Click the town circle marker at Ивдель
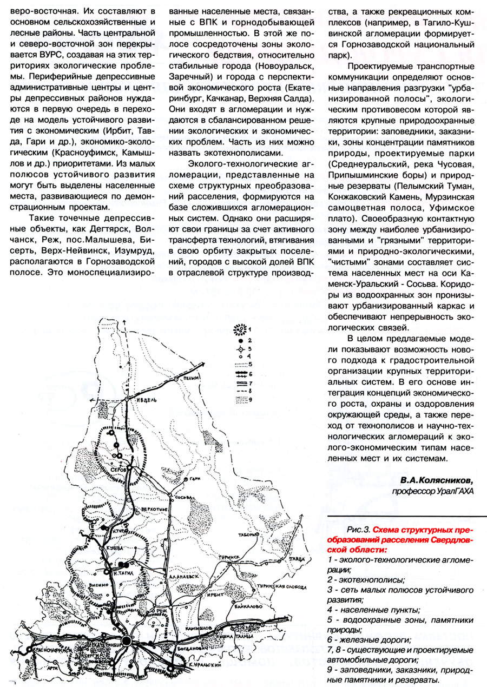tap(126, 399)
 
